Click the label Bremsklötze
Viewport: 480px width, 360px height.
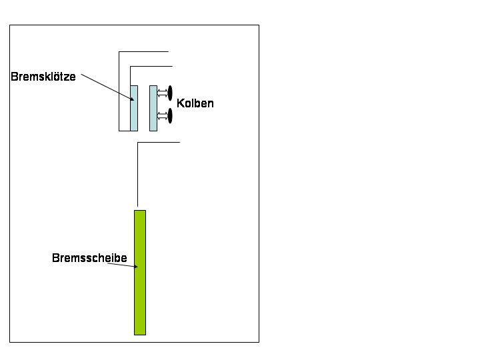(43, 77)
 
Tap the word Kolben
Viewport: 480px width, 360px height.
(195, 104)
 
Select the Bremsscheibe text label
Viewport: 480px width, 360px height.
(89, 258)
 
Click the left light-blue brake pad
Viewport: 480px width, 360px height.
(134, 108)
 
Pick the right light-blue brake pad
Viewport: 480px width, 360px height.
(153, 108)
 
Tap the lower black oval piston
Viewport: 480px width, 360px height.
(170, 115)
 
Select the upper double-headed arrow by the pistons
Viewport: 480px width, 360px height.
(161, 94)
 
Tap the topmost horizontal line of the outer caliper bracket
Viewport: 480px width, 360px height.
(144, 51)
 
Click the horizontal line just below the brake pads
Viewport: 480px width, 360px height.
(159, 142)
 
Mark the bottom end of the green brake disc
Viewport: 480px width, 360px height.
(140, 333)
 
